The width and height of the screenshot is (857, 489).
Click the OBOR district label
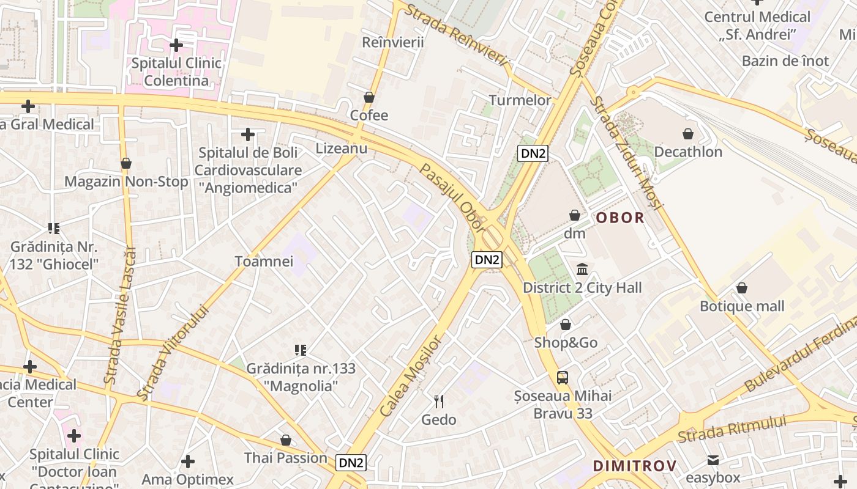point(620,218)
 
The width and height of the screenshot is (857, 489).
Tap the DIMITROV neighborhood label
point(635,466)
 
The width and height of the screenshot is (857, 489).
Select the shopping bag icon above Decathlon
point(688,134)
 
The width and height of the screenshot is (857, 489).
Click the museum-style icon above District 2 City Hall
point(582,269)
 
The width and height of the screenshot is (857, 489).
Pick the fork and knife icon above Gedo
point(438,402)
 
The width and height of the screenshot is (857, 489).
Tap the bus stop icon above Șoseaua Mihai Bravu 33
point(563,378)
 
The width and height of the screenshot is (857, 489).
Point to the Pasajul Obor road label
point(452,198)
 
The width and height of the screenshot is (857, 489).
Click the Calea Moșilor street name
point(410,376)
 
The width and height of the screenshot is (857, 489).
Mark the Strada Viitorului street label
point(173,353)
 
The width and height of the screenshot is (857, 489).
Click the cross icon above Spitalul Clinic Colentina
point(176,45)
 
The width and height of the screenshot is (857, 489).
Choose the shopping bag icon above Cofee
point(369,97)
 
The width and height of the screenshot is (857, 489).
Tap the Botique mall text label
point(742,306)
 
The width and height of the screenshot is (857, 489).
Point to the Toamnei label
point(264,262)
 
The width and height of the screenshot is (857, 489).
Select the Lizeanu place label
point(342,149)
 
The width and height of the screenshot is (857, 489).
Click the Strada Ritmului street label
point(732,430)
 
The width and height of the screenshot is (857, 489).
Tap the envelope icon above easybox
point(713,460)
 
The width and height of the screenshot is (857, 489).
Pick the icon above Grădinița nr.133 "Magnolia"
point(301,350)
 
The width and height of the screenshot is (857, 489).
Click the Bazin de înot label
point(785,61)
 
